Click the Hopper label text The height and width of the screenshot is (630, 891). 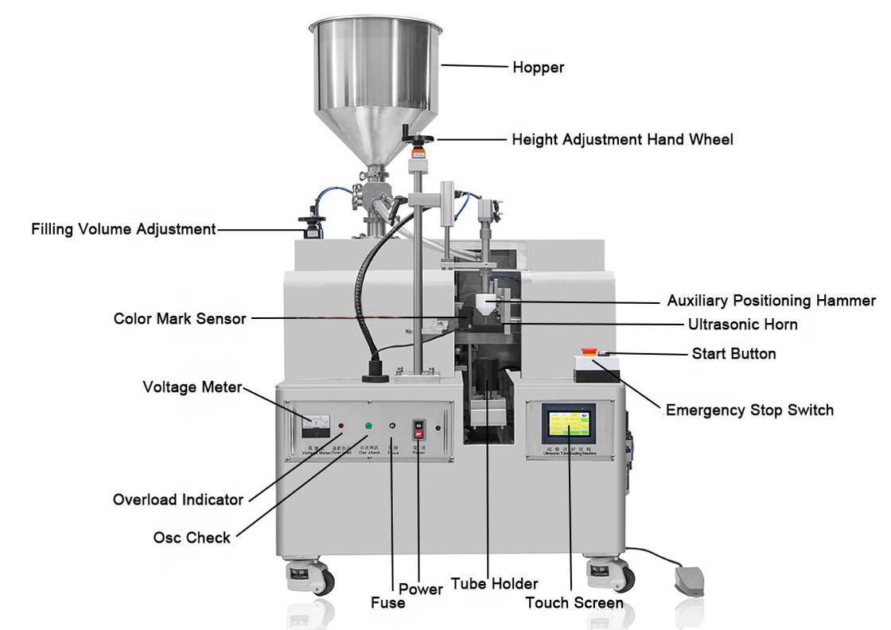tap(538, 68)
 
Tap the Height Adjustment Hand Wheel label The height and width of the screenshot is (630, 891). tap(622, 139)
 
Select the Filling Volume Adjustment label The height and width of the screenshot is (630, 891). tap(123, 229)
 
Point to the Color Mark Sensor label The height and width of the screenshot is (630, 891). tap(180, 318)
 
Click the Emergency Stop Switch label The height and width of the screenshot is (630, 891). tap(749, 410)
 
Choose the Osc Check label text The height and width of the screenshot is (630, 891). tap(192, 538)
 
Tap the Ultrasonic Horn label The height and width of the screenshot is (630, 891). tap(742, 325)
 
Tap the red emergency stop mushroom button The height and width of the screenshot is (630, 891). tap(589, 351)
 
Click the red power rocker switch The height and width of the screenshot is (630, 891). tap(417, 430)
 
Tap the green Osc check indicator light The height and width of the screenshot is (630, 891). tap(368, 427)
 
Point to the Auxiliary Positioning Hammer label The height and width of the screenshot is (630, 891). tap(771, 301)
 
